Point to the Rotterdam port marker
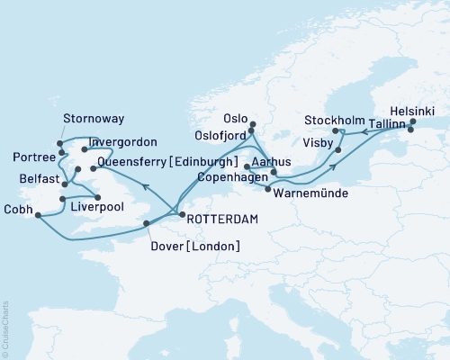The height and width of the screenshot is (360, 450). coord(181,214)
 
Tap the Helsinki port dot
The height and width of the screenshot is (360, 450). coord(412,121)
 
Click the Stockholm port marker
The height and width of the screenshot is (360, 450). coord(335,131)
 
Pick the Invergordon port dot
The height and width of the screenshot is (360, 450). coord(84,149)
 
